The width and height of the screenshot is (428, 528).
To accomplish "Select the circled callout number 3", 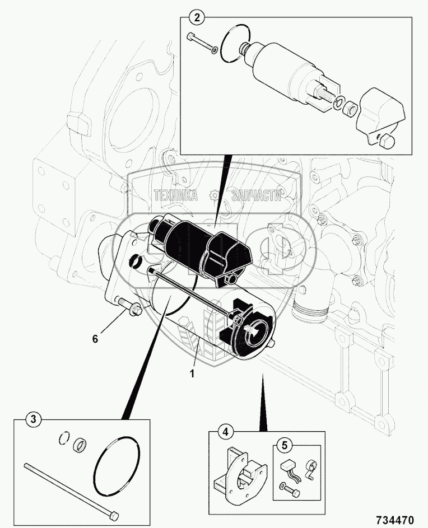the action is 33,419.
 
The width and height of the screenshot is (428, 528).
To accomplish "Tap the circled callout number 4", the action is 226,432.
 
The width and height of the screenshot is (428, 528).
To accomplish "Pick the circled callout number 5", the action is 285,446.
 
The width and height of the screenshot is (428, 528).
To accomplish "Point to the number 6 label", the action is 95,339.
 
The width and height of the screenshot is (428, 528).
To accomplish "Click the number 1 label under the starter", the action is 192,373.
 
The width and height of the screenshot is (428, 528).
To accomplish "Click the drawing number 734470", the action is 393,520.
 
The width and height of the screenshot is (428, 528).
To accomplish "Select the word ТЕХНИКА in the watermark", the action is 175,195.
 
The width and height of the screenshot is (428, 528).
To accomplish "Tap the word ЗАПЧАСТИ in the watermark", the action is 257,195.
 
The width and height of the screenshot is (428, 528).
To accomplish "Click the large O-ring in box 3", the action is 117,460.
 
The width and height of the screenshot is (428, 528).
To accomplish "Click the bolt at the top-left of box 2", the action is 202,43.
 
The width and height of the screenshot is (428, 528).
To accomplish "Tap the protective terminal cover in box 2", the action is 382,116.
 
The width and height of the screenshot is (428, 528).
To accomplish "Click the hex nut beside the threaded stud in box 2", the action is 348,109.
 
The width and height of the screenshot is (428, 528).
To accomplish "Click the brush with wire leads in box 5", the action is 288,468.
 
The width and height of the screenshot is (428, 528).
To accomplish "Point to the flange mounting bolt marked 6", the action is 128,305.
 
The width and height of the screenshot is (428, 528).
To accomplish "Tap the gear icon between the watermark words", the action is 215,195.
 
